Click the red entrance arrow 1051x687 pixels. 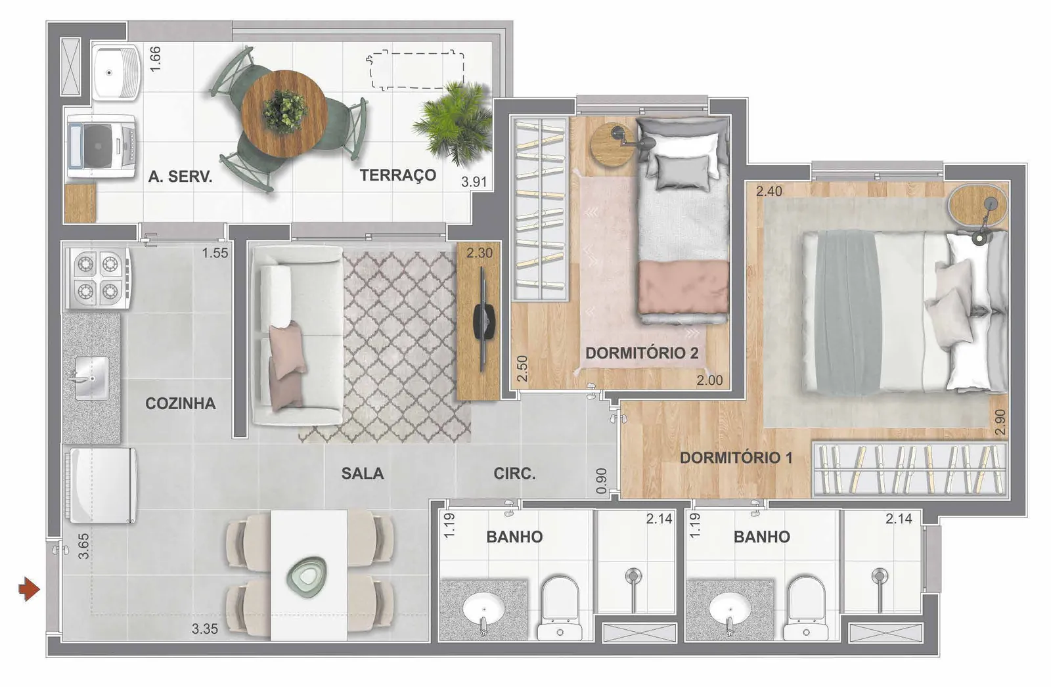(29, 589)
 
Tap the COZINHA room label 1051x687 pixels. (181, 403)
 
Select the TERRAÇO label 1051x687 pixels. (398, 175)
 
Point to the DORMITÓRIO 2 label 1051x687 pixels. (642, 353)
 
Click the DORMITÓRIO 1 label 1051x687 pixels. (736, 458)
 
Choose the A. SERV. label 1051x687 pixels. (180, 177)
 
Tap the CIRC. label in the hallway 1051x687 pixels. (514, 474)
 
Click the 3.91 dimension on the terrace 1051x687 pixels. (474, 182)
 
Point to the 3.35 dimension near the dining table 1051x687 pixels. (204, 629)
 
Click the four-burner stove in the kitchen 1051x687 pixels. (98, 278)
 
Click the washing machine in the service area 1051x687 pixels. (101, 146)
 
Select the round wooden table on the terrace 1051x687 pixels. (284, 113)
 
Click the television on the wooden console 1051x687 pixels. (484, 320)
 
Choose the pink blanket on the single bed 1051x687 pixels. (682, 287)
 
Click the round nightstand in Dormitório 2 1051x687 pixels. (613, 144)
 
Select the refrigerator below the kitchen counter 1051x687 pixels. (102, 485)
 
